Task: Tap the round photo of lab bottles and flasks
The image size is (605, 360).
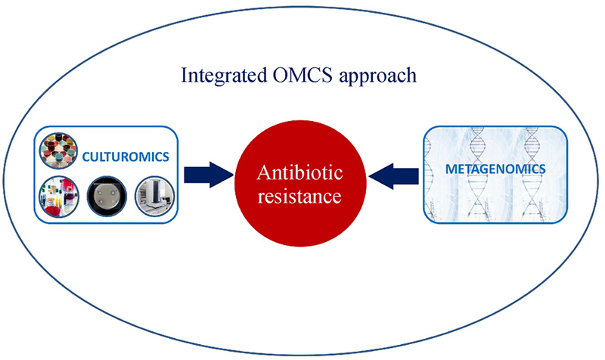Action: point(58,195)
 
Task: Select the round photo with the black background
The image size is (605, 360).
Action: point(105,195)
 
